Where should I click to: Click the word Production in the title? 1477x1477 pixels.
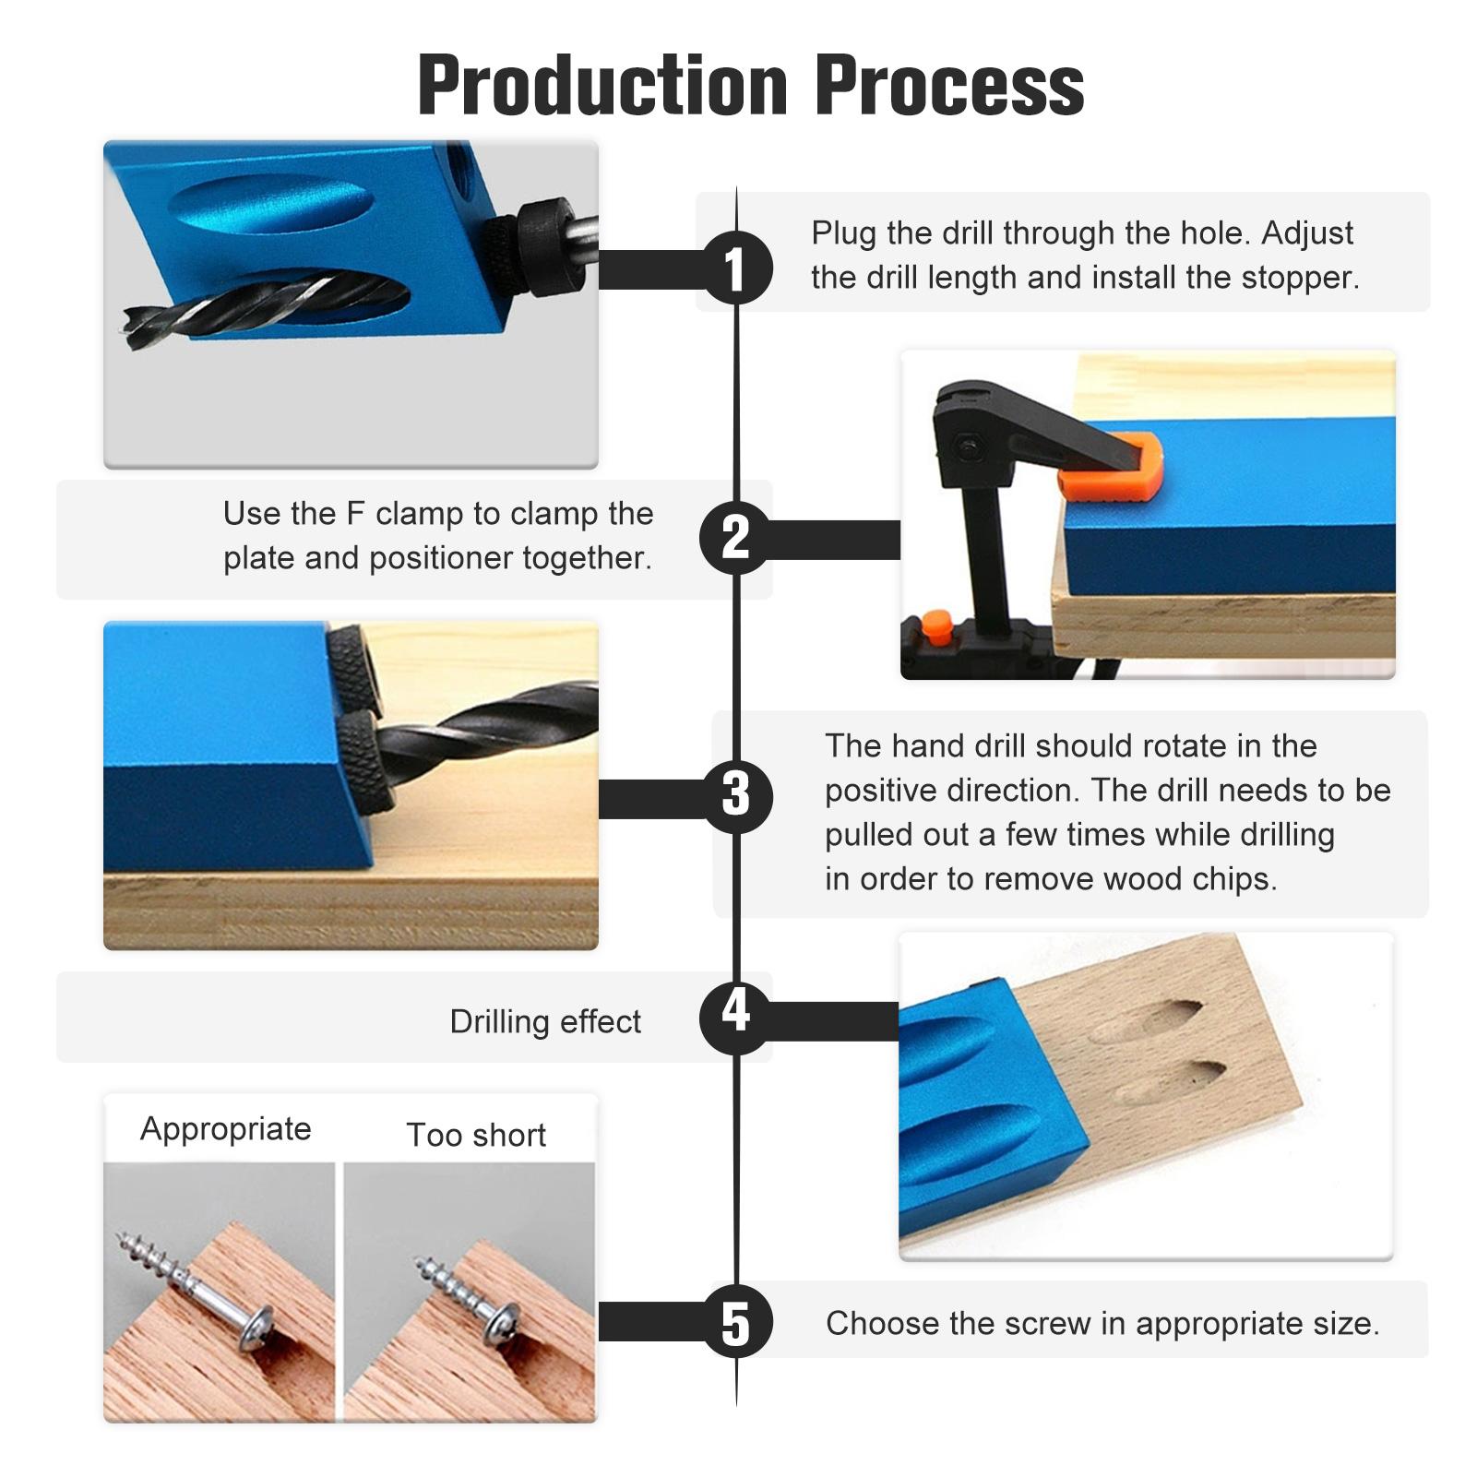click(x=602, y=85)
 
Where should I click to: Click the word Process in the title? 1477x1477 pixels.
click(x=949, y=85)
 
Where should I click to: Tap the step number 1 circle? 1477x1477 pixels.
click(x=735, y=268)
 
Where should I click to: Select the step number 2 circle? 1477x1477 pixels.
click(x=735, y=538)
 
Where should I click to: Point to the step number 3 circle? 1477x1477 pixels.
click(x=735, y=795)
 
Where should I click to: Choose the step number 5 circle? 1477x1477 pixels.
click(x=735, y=1321)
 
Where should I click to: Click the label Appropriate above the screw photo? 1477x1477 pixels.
click(x=226, y=1130)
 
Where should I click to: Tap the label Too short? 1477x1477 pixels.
click(x=476, y=1135)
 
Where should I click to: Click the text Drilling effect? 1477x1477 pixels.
click(x=545, y=1022)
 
